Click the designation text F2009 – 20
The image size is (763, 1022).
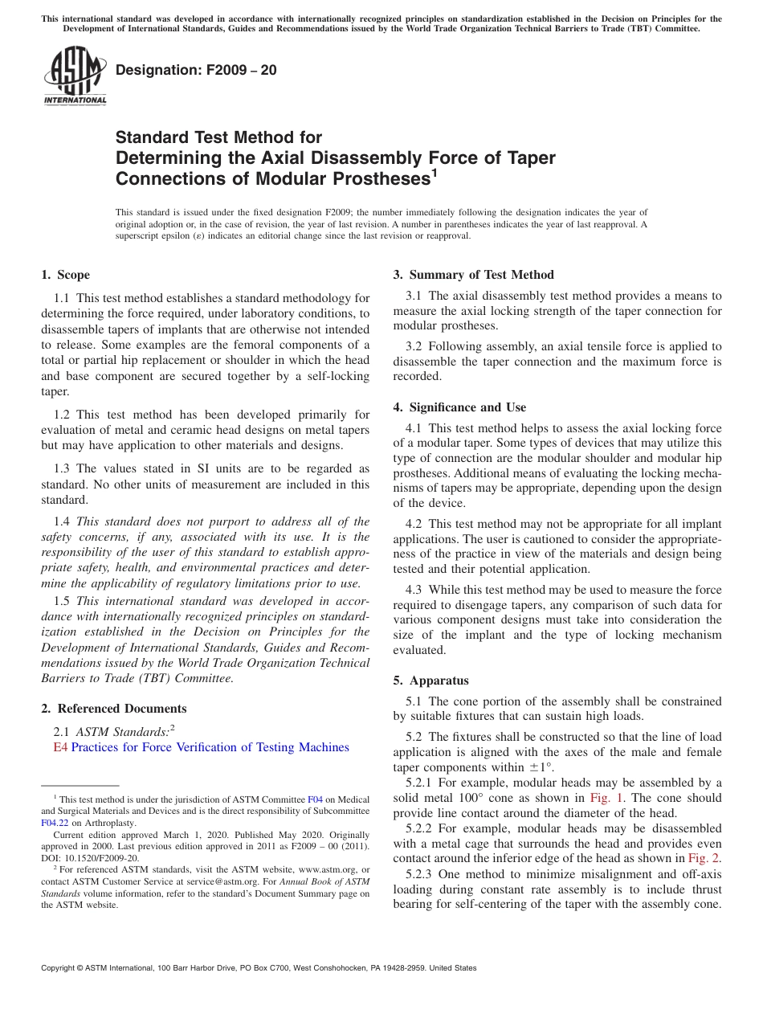tap(196, 71)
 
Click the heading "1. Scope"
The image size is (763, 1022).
tap(65, 275)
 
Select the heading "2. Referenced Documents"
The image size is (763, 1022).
tap(114, 709)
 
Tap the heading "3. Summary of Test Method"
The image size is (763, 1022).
tap(473, 275)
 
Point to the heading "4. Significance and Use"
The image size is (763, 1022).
tap(459, 407)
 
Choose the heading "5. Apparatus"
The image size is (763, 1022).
tap(430, 681)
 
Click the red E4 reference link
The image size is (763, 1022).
tap(60, 747)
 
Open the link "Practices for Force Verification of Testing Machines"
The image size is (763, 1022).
tap(210, 747)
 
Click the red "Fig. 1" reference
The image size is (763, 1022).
tap(606, 798)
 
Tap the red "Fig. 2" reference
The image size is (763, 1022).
tap(704, 858)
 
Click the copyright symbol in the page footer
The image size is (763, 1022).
tap(45, 968)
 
